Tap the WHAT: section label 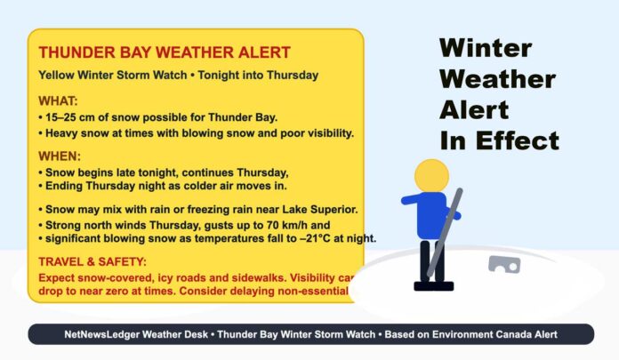pos(59,101)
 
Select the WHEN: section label pos(60,155)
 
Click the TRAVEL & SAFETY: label pos(94,262)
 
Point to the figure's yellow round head pos(431,175)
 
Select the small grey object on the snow pos(503,264)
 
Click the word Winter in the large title pos(486,47)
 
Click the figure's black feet pos(433,285)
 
